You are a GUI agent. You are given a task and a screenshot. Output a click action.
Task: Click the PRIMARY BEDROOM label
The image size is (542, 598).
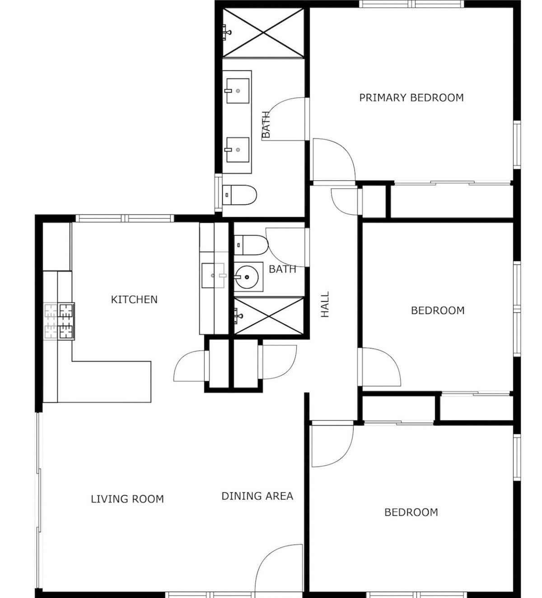tap(411, 98)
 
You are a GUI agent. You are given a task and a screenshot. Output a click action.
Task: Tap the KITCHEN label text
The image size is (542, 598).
tap(134, 299)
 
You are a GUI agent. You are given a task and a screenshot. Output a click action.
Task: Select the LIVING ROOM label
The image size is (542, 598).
tap(127, 499)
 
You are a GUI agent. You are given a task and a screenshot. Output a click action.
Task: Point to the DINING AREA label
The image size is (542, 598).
tap(257, 496)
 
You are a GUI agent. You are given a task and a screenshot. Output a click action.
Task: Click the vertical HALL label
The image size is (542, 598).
tap(325, 304)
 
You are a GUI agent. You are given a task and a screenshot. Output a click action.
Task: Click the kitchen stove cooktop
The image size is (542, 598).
tap(59, 322)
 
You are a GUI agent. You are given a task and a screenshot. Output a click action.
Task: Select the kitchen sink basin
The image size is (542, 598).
tap(213, 276)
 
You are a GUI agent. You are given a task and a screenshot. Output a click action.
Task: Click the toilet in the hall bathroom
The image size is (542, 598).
tap(251, 245)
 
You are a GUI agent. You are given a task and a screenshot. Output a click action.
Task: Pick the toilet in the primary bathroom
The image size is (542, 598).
tap(239, 195)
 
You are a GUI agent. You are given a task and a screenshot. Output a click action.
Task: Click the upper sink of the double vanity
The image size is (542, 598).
tap(238, 91)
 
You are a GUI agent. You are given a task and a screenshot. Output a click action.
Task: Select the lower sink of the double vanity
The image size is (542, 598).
tap(238, 149)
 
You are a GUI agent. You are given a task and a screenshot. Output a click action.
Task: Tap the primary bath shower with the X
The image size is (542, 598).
tap(263, 33)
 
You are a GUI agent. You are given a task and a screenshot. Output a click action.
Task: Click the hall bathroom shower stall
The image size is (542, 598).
tap(269, 316)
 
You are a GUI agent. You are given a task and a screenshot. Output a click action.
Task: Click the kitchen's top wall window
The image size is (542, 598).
tap(125, 218)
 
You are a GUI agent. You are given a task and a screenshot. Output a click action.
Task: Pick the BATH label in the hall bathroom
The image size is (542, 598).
tap(282, 269)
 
